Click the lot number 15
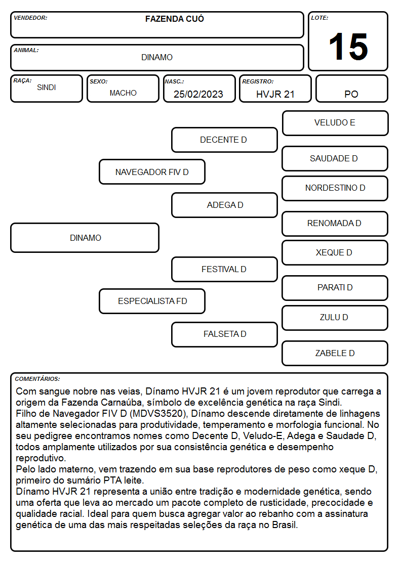tap(348, 47)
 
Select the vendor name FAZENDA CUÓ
tap(175, 19)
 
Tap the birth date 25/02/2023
tap(198, 94)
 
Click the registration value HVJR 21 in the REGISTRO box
tap(275, 94)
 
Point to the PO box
tap(351, 89)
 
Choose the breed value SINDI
tap(47, 88)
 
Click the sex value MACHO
tap(123, 93)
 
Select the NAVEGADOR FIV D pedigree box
tap(152, 171)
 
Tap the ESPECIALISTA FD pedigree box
tap(152, 301)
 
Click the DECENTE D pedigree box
tap(224, 140)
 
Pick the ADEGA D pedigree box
tap(224, 205)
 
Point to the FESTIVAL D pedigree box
tap(224, 269)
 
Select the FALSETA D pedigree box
tap(224, 334)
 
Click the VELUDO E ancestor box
tap(335, 123)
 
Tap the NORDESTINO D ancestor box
tap(335, 188)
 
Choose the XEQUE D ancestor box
tap(335, 252)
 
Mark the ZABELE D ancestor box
tap(335, 353)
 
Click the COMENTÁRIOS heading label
tap(37, 379)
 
